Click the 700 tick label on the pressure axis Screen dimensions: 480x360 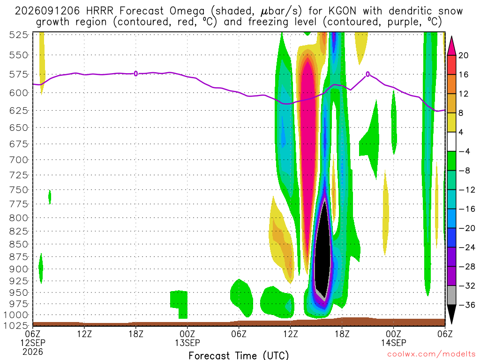[19, 160]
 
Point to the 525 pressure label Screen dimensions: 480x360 [19, 35]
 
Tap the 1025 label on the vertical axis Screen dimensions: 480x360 [16, 325]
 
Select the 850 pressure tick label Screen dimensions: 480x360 [19, 244]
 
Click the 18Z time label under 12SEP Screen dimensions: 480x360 [135, 334]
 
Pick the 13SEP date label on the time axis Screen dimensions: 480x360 [187, 343]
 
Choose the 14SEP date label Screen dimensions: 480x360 [394, 343]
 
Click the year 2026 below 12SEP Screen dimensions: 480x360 [33, 352]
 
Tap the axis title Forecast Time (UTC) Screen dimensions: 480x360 [239, 355]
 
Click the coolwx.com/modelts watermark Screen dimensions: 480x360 [431, 354]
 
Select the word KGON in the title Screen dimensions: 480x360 [342, 11]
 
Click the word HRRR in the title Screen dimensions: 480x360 [100, 11]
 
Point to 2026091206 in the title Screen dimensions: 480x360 [47, 11]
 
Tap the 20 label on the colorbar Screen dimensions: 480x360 [464, 55]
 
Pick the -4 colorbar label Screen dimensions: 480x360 [465, 151]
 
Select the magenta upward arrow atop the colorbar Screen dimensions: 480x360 [451, 46]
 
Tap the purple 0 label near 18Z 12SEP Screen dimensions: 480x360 [135, 74]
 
